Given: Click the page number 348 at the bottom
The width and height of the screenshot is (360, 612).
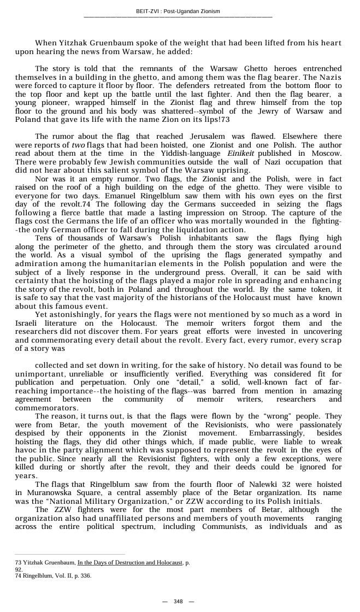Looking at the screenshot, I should coord(178,601).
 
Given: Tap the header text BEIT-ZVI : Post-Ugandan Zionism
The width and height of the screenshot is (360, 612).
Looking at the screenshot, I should coord(178,11).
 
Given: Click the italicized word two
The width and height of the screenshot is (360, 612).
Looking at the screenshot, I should coord(79,145).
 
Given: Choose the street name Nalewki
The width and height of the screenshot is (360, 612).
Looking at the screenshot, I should coord(267,484).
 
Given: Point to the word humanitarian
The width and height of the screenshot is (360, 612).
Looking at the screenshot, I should coord(130,263).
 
